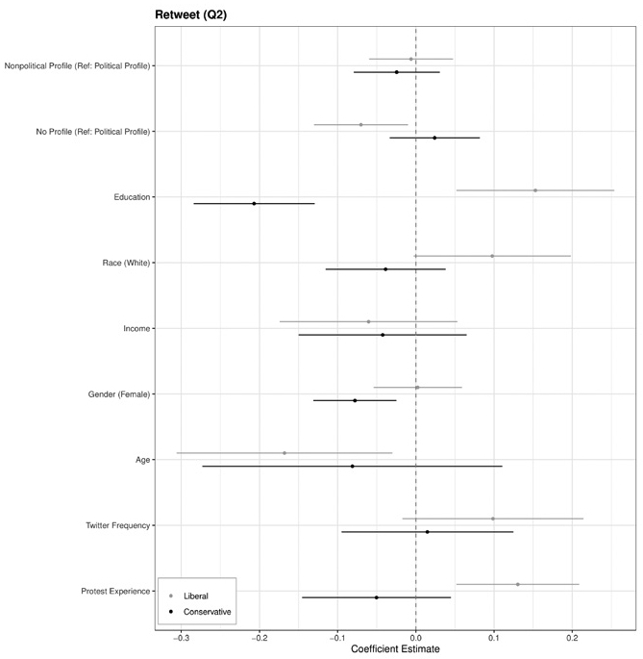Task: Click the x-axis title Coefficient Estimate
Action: [x=395, y=649]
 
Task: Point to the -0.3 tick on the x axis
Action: [x=181, y=637]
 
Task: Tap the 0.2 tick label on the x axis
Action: [x=572, y=637]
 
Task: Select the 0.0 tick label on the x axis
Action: [x=415, y=637]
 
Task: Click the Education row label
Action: [x=132, y=197]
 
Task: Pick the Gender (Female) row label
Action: [x=116, y=394]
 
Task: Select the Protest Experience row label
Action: [x=114, y=592]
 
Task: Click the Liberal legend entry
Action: [x=194, y=596]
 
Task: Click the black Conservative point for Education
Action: [x=254, y=204]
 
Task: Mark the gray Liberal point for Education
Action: [x=535, y=190]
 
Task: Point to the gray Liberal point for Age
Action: [x=284, y=453]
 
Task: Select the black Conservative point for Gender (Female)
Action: [x=355, y=401]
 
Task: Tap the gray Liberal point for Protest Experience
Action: [x=518, y=585]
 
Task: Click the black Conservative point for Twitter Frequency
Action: [x=428, y=532]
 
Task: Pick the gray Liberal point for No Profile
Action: [x=361, y=125]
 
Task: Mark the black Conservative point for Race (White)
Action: [x=385, y=269]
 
